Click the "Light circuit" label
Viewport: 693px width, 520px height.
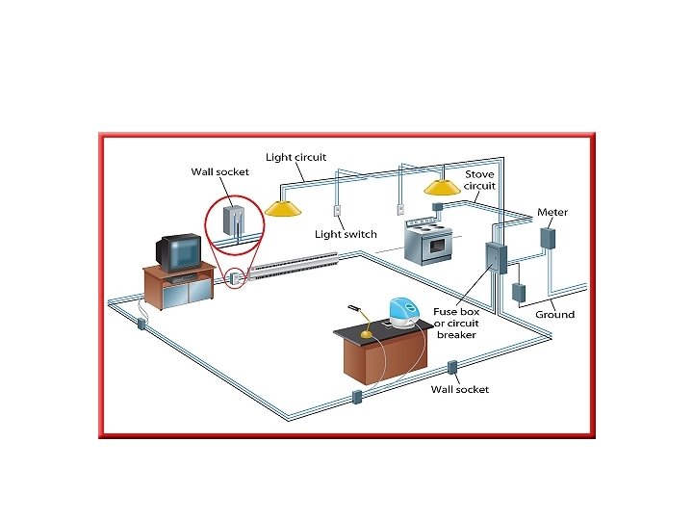295,156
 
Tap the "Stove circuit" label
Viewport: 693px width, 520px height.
479,180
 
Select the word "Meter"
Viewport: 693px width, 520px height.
552,212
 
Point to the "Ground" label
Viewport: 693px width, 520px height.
554,315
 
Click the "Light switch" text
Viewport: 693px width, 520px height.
346,234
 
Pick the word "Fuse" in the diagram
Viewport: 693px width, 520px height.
446,312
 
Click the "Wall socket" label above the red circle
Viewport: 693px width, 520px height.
219,172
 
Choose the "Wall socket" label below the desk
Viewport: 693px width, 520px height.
460,389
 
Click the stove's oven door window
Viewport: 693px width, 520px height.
437,246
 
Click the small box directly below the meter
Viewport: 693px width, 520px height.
518,293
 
